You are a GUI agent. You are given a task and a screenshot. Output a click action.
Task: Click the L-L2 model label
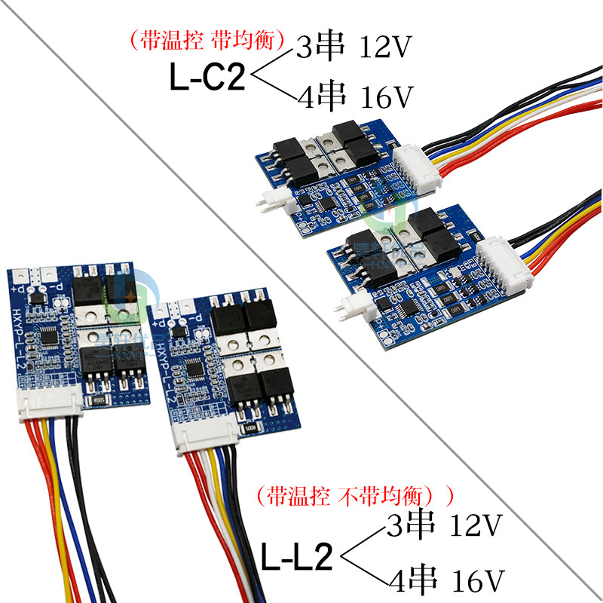pos(297,559)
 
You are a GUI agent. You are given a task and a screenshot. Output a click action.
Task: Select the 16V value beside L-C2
pos(385,97)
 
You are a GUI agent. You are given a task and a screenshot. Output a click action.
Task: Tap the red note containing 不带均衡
pos(354,495)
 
